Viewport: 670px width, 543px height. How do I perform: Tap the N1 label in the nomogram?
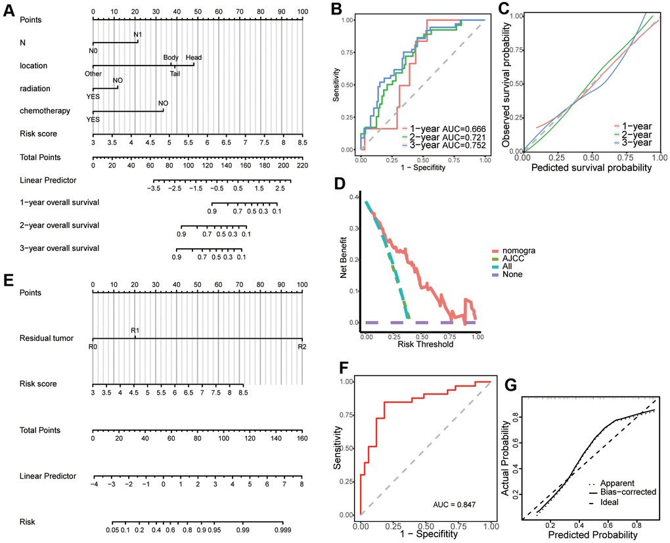click(x=138, y=34)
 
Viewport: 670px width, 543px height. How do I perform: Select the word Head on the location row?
click(x=194, y=57)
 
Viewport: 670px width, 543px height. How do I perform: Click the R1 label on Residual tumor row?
click(x=135, y=332)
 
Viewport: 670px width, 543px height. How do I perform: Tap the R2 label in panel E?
click(x=301, y=347)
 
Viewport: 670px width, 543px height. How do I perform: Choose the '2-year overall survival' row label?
click(x=60, y=225)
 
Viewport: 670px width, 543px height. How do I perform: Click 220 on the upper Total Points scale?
click(x=302, y=166)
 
